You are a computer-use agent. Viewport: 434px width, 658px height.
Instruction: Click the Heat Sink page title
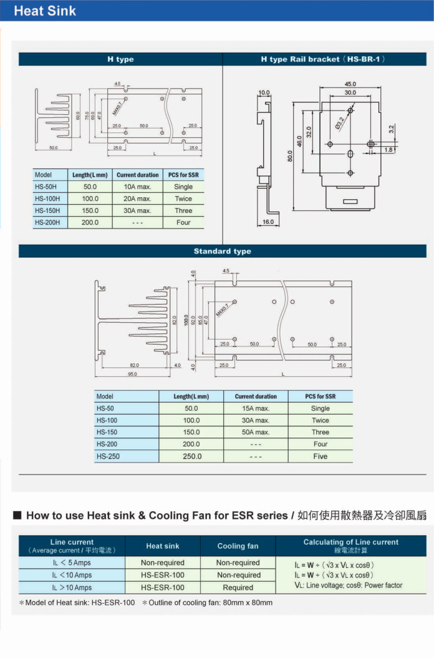click(45, 11)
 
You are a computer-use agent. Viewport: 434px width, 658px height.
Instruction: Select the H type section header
click(120, 59)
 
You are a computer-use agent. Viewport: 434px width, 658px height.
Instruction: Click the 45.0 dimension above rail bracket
click(350, 84)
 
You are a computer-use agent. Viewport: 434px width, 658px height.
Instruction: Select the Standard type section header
click(222, 251)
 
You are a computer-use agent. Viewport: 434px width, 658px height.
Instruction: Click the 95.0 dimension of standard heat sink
click(132, 374)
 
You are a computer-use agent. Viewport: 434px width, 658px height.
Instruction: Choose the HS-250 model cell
click(107, 456)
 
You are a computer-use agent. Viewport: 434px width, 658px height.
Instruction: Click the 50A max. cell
click(256, 432)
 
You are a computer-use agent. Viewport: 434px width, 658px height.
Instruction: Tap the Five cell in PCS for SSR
click(320, 456)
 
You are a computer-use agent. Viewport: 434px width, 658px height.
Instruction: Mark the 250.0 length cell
click(191, 456)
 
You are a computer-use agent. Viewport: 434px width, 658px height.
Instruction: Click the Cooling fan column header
click(238, 546)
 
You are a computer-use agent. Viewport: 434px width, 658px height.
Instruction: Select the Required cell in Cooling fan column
click(238, 587)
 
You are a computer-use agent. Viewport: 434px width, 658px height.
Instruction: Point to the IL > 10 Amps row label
click(72, 587)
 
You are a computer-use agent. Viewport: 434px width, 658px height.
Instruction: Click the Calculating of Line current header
click(350, 542)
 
